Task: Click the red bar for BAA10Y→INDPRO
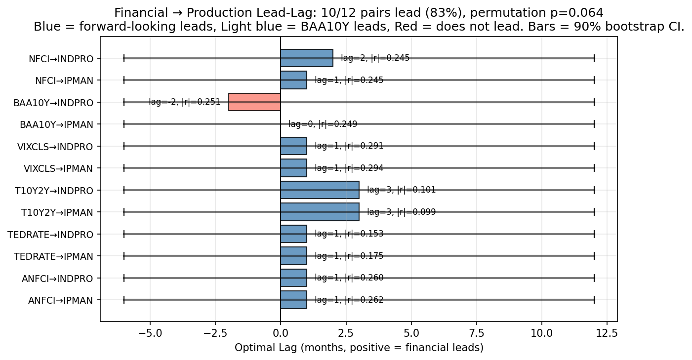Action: [254, 102]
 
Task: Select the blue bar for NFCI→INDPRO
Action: [307, 58]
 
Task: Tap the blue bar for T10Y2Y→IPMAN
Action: [320, 212]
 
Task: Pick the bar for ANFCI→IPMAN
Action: [293, 300]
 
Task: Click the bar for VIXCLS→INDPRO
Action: [293, 146]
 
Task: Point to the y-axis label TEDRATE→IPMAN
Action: [53, 256]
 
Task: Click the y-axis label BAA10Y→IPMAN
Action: [56, 124]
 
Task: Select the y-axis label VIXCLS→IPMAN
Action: [58, 168]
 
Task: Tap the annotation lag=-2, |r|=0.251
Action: [184, 102]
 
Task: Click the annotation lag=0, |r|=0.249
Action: [323, 124]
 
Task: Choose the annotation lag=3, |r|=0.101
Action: [401, 190]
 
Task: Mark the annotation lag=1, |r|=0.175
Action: [349, 256]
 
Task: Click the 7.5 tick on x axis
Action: [476, 333]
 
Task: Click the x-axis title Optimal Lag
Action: [359, 348]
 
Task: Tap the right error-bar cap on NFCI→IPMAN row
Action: [594, 80]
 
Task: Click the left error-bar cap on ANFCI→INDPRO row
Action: [124, 278]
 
